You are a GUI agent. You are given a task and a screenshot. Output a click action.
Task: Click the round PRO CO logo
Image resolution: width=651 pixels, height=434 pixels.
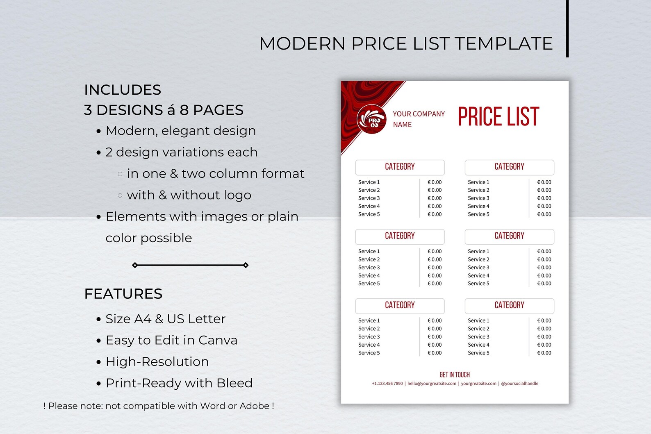371,119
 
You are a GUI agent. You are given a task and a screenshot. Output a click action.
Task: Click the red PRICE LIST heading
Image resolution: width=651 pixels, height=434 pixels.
498,117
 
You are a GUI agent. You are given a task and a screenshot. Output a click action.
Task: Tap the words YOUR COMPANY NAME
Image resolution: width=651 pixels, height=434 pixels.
418,119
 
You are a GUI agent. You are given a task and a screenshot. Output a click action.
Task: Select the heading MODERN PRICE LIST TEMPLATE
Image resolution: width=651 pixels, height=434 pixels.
406,43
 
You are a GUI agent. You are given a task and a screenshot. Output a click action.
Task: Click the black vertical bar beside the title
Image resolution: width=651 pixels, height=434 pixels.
567,29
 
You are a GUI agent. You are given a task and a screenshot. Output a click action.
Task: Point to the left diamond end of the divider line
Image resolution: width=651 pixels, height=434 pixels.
135,265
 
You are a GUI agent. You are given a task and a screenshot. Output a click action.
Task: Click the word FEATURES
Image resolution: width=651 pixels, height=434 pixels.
123,294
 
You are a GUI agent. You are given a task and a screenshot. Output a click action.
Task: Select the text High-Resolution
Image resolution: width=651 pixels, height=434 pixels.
157,361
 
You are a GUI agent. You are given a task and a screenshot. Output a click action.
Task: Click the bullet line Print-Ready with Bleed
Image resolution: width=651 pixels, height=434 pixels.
179,383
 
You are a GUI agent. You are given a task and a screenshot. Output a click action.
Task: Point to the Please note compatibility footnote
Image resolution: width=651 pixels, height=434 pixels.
159,406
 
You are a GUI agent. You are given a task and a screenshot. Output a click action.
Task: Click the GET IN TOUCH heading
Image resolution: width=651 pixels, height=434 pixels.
454,375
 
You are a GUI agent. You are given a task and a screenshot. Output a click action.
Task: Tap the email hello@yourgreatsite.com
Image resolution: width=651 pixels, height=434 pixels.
432,384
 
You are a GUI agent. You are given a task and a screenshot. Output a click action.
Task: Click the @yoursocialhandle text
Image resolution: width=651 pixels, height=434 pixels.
519,384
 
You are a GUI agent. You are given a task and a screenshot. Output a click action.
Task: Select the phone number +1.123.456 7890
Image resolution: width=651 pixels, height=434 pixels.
387,384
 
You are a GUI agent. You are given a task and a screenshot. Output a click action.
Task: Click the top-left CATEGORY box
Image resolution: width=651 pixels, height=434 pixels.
400,167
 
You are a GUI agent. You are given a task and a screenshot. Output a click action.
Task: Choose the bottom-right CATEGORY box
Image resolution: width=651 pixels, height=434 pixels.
509,305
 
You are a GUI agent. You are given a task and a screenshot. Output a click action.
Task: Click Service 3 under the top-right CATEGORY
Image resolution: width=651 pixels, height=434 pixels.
478,198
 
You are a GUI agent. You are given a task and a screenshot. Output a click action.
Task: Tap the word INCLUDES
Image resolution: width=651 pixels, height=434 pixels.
123,90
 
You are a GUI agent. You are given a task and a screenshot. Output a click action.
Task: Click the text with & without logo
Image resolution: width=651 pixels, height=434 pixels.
189,195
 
